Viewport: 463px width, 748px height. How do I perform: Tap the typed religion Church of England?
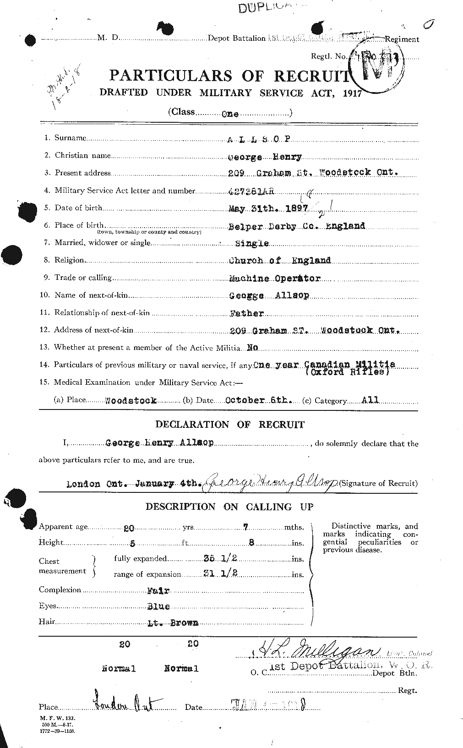coord(280,260)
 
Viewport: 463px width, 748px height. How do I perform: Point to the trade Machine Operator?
coord(275,278)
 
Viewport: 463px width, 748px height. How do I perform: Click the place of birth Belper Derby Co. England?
coord(297,226)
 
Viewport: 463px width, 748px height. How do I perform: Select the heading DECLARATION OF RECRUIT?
coord(230,425)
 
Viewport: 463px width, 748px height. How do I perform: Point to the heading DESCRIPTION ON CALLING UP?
coord(229,507)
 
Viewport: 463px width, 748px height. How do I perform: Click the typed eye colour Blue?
coord(158,606)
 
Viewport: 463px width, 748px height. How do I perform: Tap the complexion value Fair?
coord(157,590)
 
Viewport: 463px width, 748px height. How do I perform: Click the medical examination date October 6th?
coord(259,400)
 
